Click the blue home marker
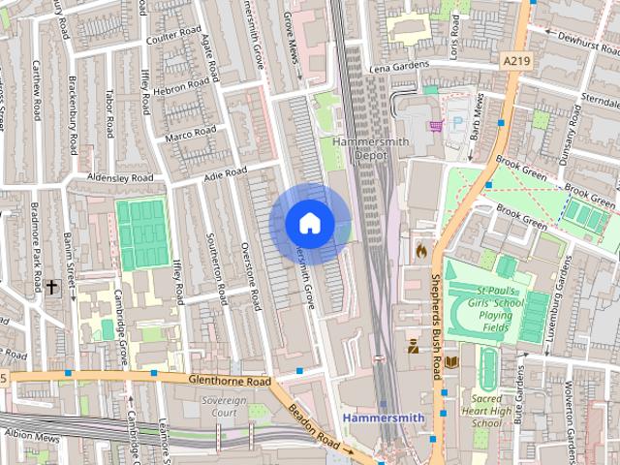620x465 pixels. coord(309,224)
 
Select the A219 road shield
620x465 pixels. coord(515,61)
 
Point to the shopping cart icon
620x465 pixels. coord(437,124)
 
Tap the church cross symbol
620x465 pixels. coord(50,287)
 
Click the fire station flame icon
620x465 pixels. coord(420,249)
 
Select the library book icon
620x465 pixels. coord(450,363)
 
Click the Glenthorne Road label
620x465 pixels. coord(230,382)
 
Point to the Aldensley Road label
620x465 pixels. coord(120,178)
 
